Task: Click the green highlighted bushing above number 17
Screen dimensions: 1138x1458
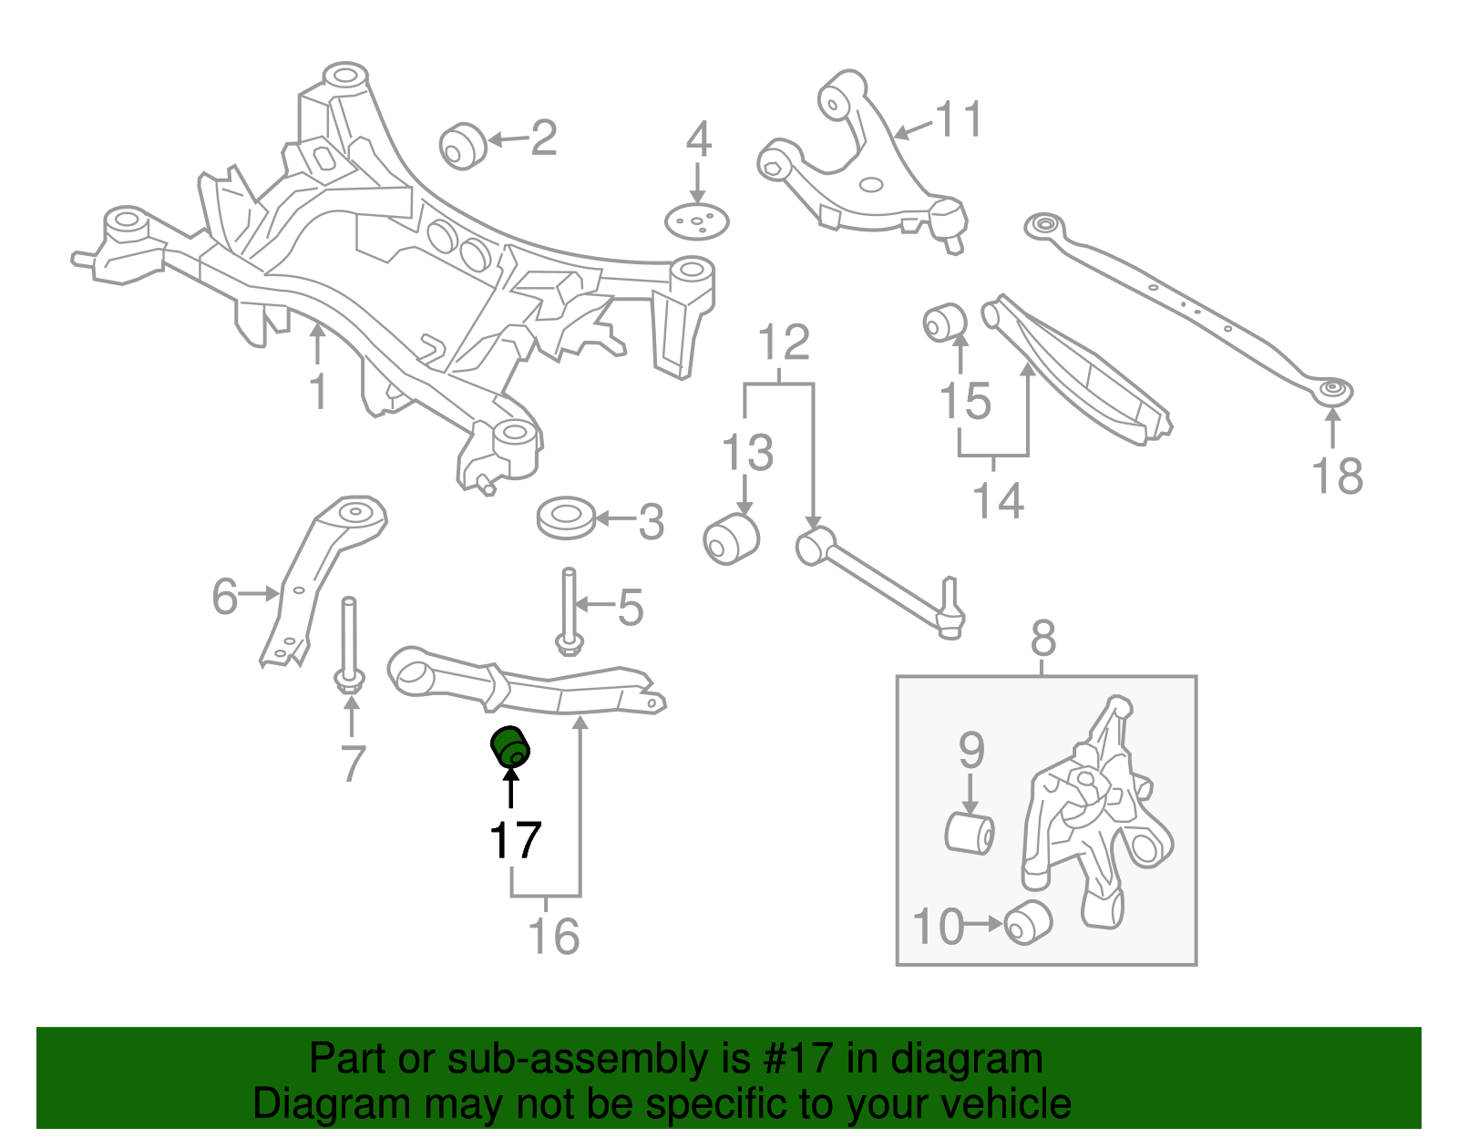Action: point(510,747)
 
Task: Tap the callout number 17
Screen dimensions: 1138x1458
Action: point(515,840)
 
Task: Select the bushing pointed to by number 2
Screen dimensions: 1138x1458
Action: point(462,146)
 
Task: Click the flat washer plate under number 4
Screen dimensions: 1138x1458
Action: point(697,221)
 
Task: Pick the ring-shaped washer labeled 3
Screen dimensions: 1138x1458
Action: point(566,518)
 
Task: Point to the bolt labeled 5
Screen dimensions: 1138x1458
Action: point(568,610)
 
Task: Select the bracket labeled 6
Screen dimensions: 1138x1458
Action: point(319,574)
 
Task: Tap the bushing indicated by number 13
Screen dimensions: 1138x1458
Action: point(731,538)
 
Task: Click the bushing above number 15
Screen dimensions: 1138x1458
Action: point(944,322)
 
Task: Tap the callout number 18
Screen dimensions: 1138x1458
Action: point(1337,476)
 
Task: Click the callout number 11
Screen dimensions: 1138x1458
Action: point(960,119)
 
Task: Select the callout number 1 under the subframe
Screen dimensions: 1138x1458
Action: point(317,392)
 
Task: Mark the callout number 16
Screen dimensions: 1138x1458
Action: point(553,937)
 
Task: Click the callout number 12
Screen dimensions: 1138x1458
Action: point(784,343)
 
